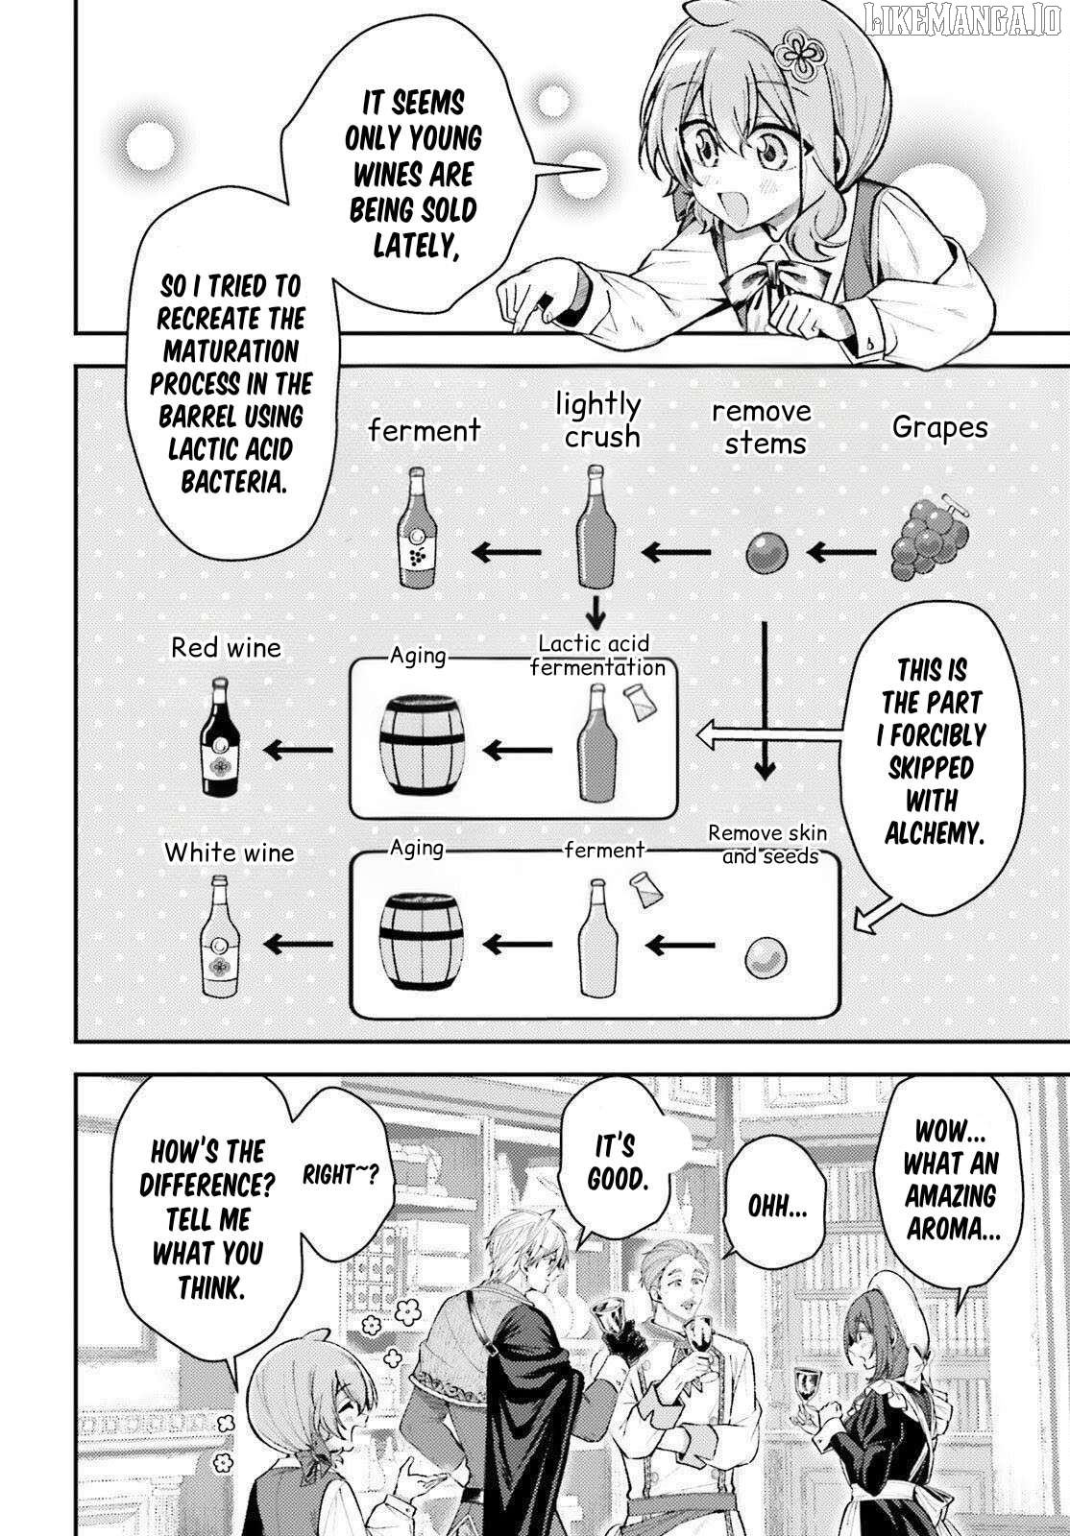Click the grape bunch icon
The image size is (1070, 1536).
click(x=929, y=538)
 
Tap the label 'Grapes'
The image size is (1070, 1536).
click(x=939, y=426)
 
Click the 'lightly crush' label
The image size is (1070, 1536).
click(x=600, y=420)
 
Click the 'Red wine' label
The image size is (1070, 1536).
click(x=226, y=648)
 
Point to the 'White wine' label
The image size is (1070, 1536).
click(x=229, y=852)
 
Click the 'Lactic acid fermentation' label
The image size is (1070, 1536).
click(x=596, y=656)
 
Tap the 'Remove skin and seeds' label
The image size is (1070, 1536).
click(x=767, y=845)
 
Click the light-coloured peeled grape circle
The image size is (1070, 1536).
click(x=766, y=957)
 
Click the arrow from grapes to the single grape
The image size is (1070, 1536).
click(x=841, y=553)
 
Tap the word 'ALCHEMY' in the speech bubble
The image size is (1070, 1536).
click(x=935, y=833)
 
